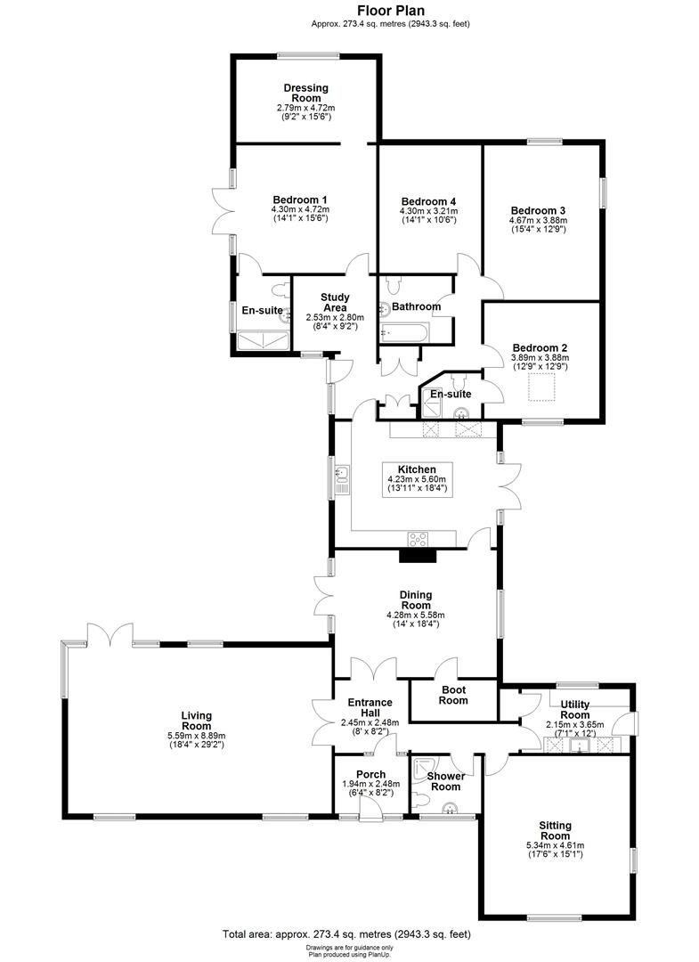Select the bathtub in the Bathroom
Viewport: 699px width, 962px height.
(405, 332)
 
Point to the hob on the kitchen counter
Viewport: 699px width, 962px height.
(418, 538)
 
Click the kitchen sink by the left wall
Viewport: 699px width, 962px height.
(342, 481)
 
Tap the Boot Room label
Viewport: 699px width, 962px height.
(453, 695)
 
